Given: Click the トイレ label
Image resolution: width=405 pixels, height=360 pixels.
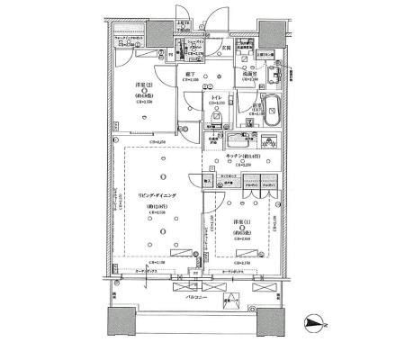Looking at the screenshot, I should pyautogui.click(x=216, y=97).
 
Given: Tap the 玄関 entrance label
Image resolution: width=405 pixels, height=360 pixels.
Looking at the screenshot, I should pyautogui.click(x=228, y=46).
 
